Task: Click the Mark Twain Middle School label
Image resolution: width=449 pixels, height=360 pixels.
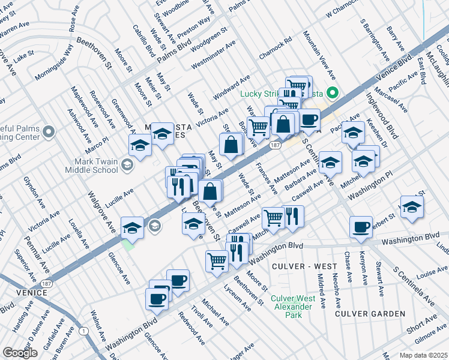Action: tap(96, 165)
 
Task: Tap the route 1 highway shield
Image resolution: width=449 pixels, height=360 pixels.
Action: tap(82, 331)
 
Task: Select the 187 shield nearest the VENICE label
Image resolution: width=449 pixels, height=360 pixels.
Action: tap(46, 282)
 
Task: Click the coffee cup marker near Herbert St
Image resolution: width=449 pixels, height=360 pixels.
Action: tap(361, 227)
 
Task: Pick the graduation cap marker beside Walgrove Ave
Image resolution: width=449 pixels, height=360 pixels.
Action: tap(132, 227)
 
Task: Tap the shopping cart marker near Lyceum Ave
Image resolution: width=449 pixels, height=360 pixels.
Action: tap(217, 261)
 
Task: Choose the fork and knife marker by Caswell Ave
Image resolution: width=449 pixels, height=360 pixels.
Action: tap(292, 216)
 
